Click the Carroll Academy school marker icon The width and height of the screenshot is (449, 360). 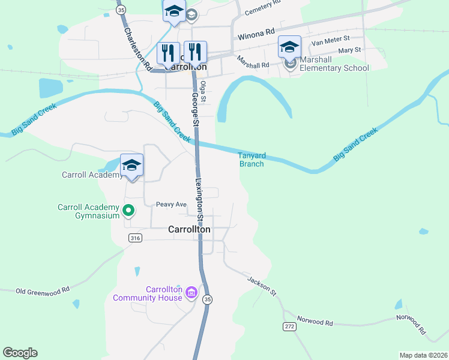click(x=131, y=165)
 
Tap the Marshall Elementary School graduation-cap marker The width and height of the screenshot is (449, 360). click(x=289, y=46)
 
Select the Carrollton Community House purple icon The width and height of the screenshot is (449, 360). click(x=191, y=293)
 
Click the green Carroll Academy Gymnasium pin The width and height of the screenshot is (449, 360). click(x=128, y=211)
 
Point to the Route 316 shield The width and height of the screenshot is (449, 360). click(x=135, y=238)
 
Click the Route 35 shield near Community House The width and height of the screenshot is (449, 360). click(x=208, y=299)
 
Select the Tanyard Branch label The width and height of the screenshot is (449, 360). click(x=252, y=160)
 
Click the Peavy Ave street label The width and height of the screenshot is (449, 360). click(x=172, y=205)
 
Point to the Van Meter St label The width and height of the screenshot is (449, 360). click(x=331, y=41)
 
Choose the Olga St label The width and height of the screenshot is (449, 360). click(x=204, y=91)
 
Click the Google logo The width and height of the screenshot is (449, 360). click(x=20, y=353)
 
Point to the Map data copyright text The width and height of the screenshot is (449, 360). click(x=423, y=355)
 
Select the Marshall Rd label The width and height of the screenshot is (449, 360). click(x=253, y=61)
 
